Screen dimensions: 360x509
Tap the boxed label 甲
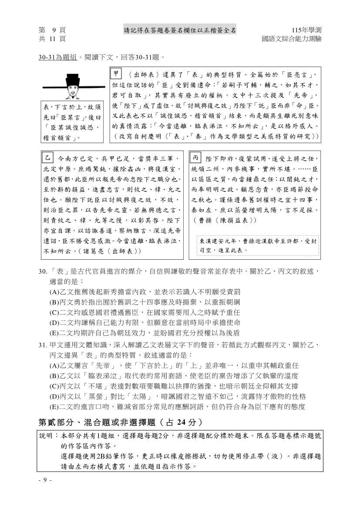[x=115, y=73]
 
